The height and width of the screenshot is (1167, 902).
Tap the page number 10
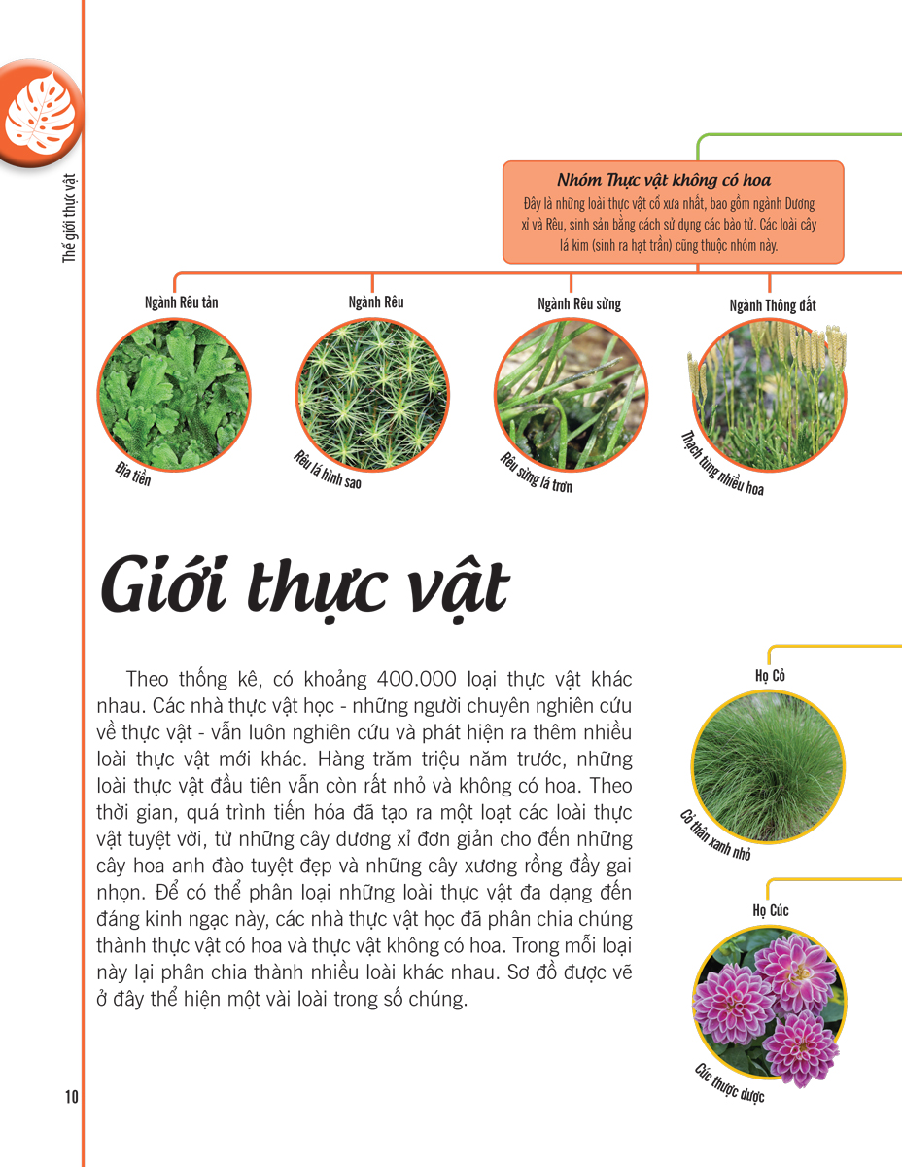click(x=72, y=1097)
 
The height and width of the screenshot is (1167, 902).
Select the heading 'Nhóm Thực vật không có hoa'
click(x=664, y=181)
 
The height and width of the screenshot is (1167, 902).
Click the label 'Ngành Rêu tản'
click(x=181, y=302)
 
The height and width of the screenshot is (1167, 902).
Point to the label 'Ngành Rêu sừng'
click(x=579, y=303)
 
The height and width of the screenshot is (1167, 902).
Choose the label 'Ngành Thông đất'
click(x=773, y=305)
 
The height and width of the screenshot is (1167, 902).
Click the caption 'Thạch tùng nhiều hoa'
click(x=722, y=463)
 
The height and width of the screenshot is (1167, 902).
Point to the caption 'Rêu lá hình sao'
click(x=327, y=471)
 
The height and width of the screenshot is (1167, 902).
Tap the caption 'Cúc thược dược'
click(x=729, y=1082)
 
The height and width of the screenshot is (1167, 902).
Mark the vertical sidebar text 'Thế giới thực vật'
click(x=69, y=219)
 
